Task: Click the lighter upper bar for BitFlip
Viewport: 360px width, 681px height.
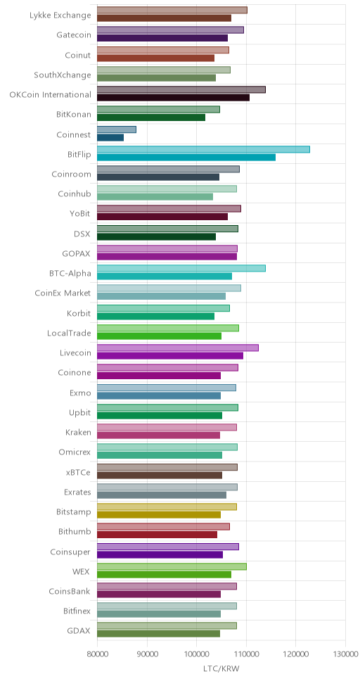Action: pyautogui.click(x=203, y=149)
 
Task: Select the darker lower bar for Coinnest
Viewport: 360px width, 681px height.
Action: pyautogui.click(x=110, y=138)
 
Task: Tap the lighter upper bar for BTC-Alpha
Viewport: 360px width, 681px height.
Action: pyautogui.click(x=181, y=269)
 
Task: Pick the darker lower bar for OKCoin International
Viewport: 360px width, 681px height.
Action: pyautogui.click(x=173, y=98)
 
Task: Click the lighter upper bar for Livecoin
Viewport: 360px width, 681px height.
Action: pyautogui.click(x=178, y=348)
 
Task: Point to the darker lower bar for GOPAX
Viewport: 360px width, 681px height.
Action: pyautogui.click(x=167, y=256)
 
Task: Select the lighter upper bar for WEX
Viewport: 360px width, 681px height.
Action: pyautogui.click(x=172, y=566)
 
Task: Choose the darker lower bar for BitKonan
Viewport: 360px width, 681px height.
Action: pyautogui.click(x=151, y=117)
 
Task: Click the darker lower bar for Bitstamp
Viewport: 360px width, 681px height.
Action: pyautogui.click(x=159, y=515)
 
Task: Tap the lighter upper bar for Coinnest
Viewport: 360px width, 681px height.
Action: pyautogui.click(x=117, y=129)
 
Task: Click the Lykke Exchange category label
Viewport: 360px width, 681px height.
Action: pyautogui.click(x=60, y=15)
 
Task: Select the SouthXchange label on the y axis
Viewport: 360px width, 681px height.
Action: pyautogui.click(x=63, y=75)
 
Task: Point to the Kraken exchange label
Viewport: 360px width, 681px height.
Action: pyautogui.click(x=78, y=433)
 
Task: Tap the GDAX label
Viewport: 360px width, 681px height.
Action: pyautogui.click(x=81, y=631)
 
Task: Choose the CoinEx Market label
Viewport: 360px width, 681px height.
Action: pyautogui.click(x=63, y=293)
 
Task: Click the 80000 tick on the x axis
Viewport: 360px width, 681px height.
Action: pyautogui.click(x=97, y=654)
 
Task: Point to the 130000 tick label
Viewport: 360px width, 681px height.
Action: pyautogui.click(x=345, y=654)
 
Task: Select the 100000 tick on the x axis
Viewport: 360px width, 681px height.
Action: pyautogui.click(x=196, y=654)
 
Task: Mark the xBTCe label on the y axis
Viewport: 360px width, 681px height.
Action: pyautogui.click(x=79, y=473)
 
